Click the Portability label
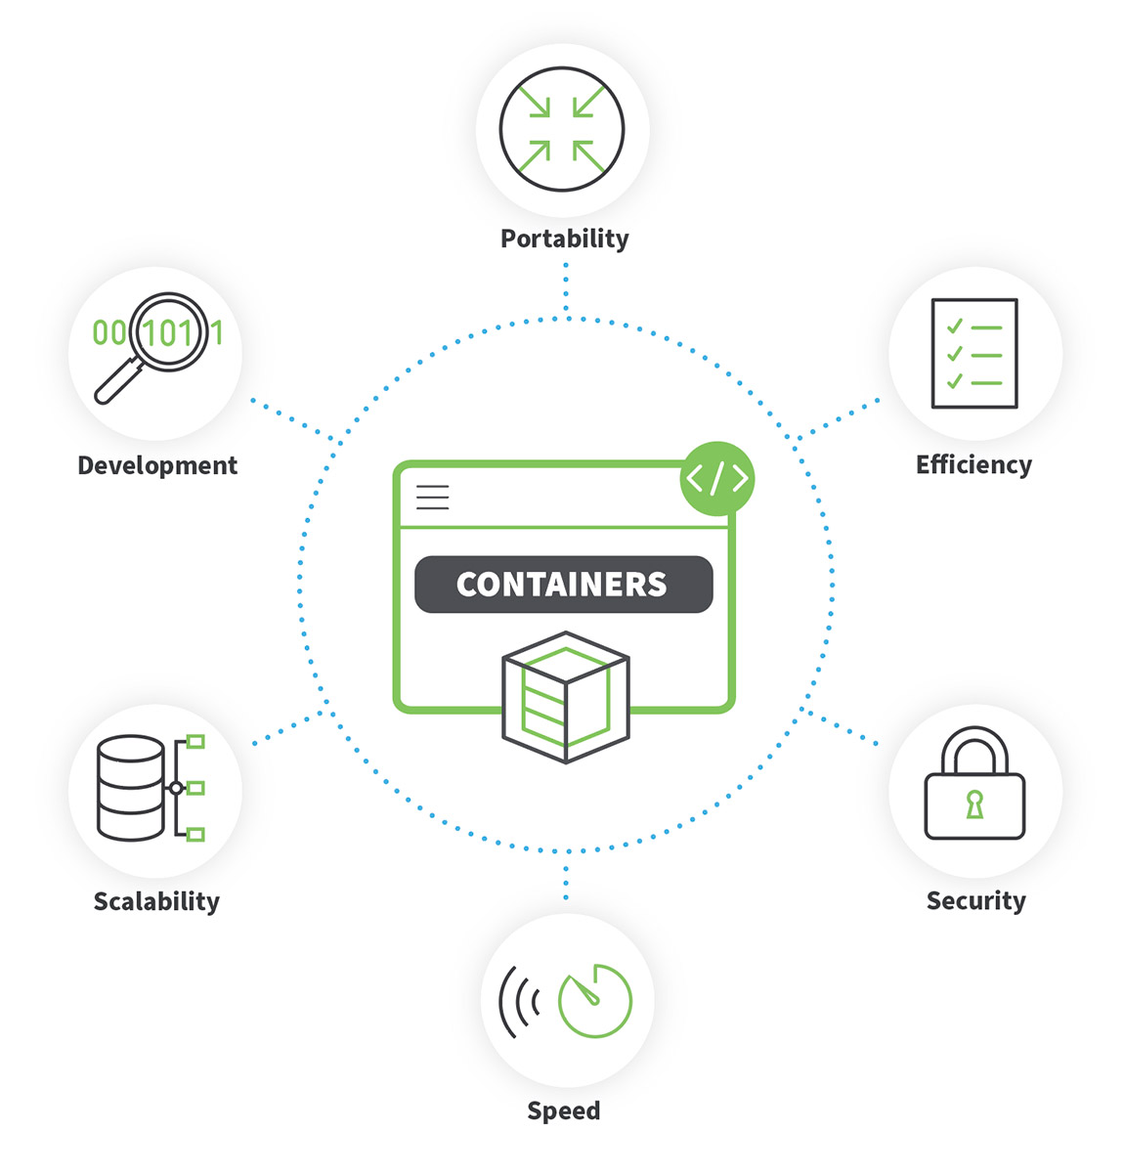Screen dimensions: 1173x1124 click(x=564, y=239)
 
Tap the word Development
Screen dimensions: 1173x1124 click(x=157, y=465)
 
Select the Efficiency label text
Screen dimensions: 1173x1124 click(x=973, y=464)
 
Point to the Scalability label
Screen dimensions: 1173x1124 click(x=156, y=900)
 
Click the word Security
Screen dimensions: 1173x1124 click(x=975, y=900)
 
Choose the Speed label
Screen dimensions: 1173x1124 click(x=564, y=1110)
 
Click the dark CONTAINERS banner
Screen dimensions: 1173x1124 click(x=563, y=585)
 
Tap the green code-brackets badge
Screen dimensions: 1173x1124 click(x=717, y=478)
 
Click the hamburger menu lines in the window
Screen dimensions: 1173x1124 click(x=433, y=498)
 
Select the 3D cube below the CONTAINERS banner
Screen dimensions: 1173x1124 click(x=565, y=697)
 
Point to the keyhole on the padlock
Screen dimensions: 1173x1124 click(x=974, y=804)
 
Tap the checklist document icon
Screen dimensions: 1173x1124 click(x=974, y=353)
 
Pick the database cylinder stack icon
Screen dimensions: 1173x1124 click(x=131, y=788)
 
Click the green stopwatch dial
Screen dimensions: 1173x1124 click(x=594, y=1001)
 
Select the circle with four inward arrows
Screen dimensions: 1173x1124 click(x=562, y=129)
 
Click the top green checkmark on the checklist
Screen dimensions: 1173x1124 click(x=955, y=326)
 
